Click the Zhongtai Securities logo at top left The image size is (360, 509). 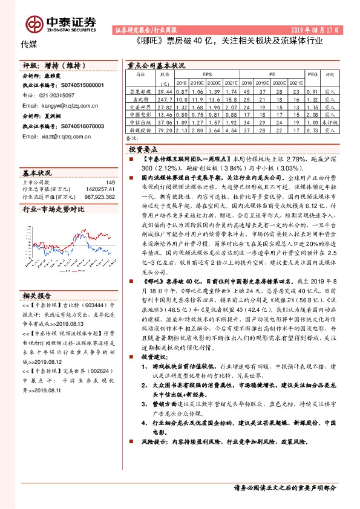pos(60,23)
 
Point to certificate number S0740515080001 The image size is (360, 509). pos(76,86)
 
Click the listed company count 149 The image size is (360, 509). pos(110,182)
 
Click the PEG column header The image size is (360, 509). pos(312,74)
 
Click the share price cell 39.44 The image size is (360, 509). pos(165,90)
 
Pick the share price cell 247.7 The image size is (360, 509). pos(165,98)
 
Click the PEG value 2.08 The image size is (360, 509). pos(312,114)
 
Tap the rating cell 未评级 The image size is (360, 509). pos(330,122)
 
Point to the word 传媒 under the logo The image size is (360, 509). pos(29,45)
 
